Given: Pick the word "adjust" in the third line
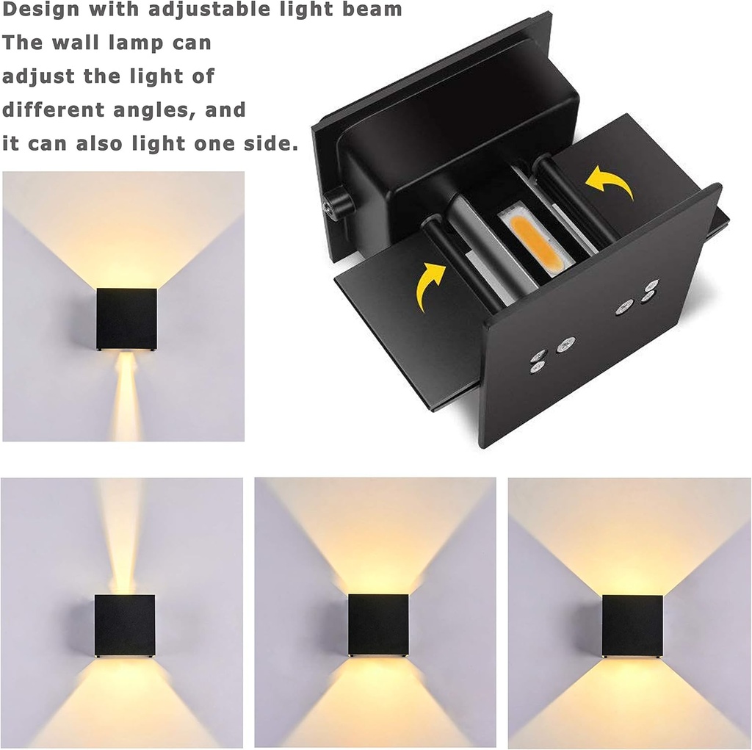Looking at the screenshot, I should coord(40,76).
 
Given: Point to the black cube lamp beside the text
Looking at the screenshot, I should coord(126,319).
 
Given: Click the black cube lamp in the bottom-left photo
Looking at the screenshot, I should coord(125,625).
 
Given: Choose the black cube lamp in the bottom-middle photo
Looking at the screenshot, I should coord(378,624).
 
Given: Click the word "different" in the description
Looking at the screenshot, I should coord(53,110).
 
